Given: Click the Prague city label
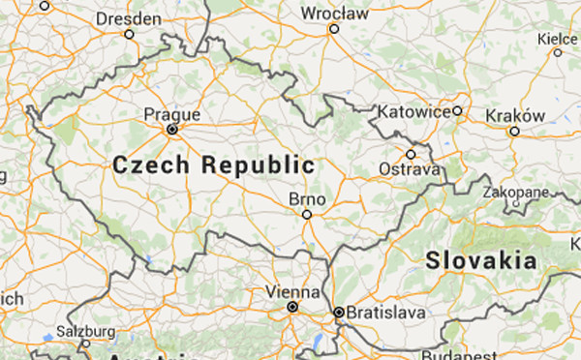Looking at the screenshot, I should [x=171, y=115].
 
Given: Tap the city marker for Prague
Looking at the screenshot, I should [x=171, y=129].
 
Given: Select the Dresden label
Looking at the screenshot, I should [x=128, y=17].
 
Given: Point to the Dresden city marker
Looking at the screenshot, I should [x=128, y=34].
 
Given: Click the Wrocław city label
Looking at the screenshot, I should [x=335, y=14].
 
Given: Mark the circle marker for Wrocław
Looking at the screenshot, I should [x=334, y=29].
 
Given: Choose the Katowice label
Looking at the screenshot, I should [x=415, y=111].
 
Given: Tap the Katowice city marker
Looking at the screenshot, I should [x=457, y=111].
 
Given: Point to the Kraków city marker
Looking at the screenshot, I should [x=514, y=131].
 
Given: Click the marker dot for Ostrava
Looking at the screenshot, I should [x=411, y=154].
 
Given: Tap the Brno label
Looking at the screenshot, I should [x=306, y=198].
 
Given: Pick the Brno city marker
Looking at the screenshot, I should [x=307, y=214].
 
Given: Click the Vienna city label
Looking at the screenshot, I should [x=292, y=291].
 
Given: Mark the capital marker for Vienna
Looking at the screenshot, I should [x=291, y=308].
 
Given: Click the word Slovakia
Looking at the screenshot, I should [x=481, y=260].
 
